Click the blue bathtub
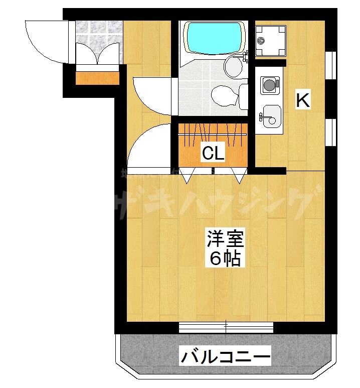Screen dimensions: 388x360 213,38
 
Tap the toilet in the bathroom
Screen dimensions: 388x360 224,95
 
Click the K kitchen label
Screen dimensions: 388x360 303,100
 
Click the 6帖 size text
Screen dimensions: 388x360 226,259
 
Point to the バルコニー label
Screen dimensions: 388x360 226,357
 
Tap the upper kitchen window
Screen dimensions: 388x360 331,65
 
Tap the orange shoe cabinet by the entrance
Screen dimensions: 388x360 97,78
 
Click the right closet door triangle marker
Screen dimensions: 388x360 239,176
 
